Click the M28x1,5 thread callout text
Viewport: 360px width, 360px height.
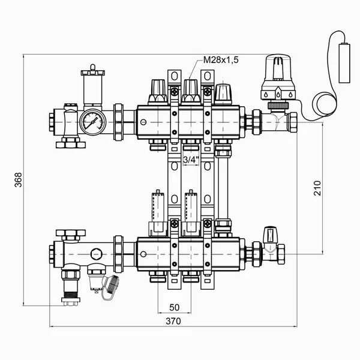221,60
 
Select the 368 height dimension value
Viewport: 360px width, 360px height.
18,180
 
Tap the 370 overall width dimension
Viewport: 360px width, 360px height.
173,321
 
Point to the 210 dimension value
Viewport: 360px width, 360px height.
317,188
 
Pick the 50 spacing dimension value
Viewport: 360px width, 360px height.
174,308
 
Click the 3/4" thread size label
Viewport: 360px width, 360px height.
191,160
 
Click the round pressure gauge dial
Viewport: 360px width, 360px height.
93,122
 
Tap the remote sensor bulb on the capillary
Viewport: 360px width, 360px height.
344,63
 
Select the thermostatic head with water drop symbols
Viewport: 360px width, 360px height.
278,77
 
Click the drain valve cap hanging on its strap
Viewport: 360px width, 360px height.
113,284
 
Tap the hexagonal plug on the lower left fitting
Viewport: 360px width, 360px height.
97,254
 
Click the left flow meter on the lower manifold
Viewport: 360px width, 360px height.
158,213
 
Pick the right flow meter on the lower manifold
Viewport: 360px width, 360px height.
191,213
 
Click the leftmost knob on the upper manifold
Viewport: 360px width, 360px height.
158,92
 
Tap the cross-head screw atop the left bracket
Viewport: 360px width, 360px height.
175,92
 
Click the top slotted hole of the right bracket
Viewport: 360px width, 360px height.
208,76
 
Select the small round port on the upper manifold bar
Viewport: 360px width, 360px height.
143,122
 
